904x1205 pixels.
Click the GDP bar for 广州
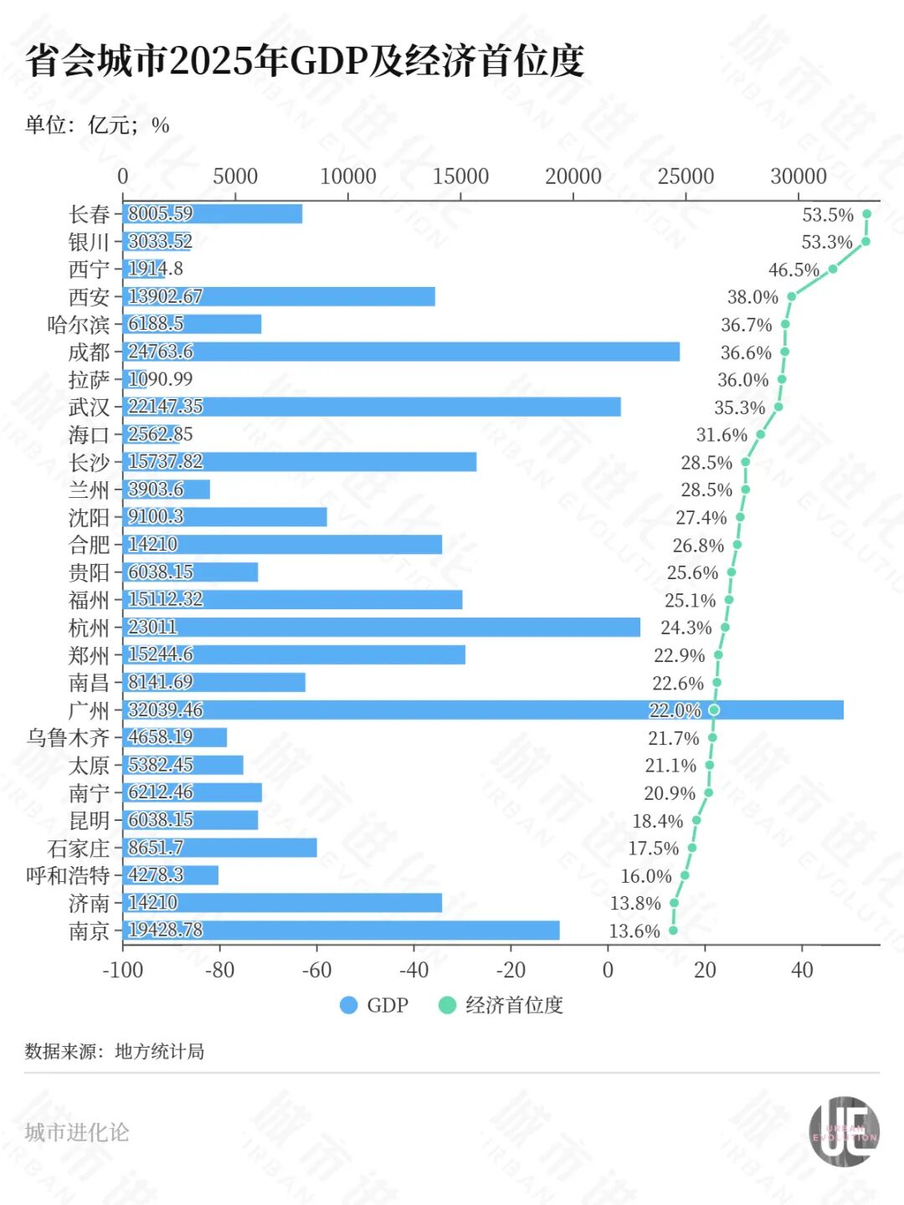click(x=483, y=710)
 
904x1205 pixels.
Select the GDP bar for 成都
click(x=401, y=351)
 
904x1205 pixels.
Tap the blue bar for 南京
click(x=341, y=930)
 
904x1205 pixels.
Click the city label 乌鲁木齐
click(x=68, y=737)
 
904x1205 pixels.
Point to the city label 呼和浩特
click(x=68, y=875)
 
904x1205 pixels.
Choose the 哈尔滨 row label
click(x=78, y=325)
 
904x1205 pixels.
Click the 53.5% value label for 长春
click(x=827, y=215)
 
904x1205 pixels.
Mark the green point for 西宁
click(x=833, y=269)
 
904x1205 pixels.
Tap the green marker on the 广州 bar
click(x=713, y=710)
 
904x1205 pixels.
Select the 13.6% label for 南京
click(x=634, y=931)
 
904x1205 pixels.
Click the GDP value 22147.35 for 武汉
click(x=165, y=407)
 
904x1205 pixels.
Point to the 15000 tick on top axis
click(x=460, y=176)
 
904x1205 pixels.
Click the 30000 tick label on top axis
click(x=798, y=176)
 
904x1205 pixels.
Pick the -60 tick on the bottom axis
click(x=317, y=970)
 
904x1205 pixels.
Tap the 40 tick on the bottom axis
click(x=802, y=970)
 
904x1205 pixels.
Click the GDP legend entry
click(x=374, y=1005)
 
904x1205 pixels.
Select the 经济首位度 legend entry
click(x=501, y=1005)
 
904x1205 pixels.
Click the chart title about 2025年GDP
click(x=305, y=61)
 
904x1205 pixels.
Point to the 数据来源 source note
click(x=115, y=1051)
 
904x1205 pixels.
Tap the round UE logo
click(x=844, y=1131)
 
